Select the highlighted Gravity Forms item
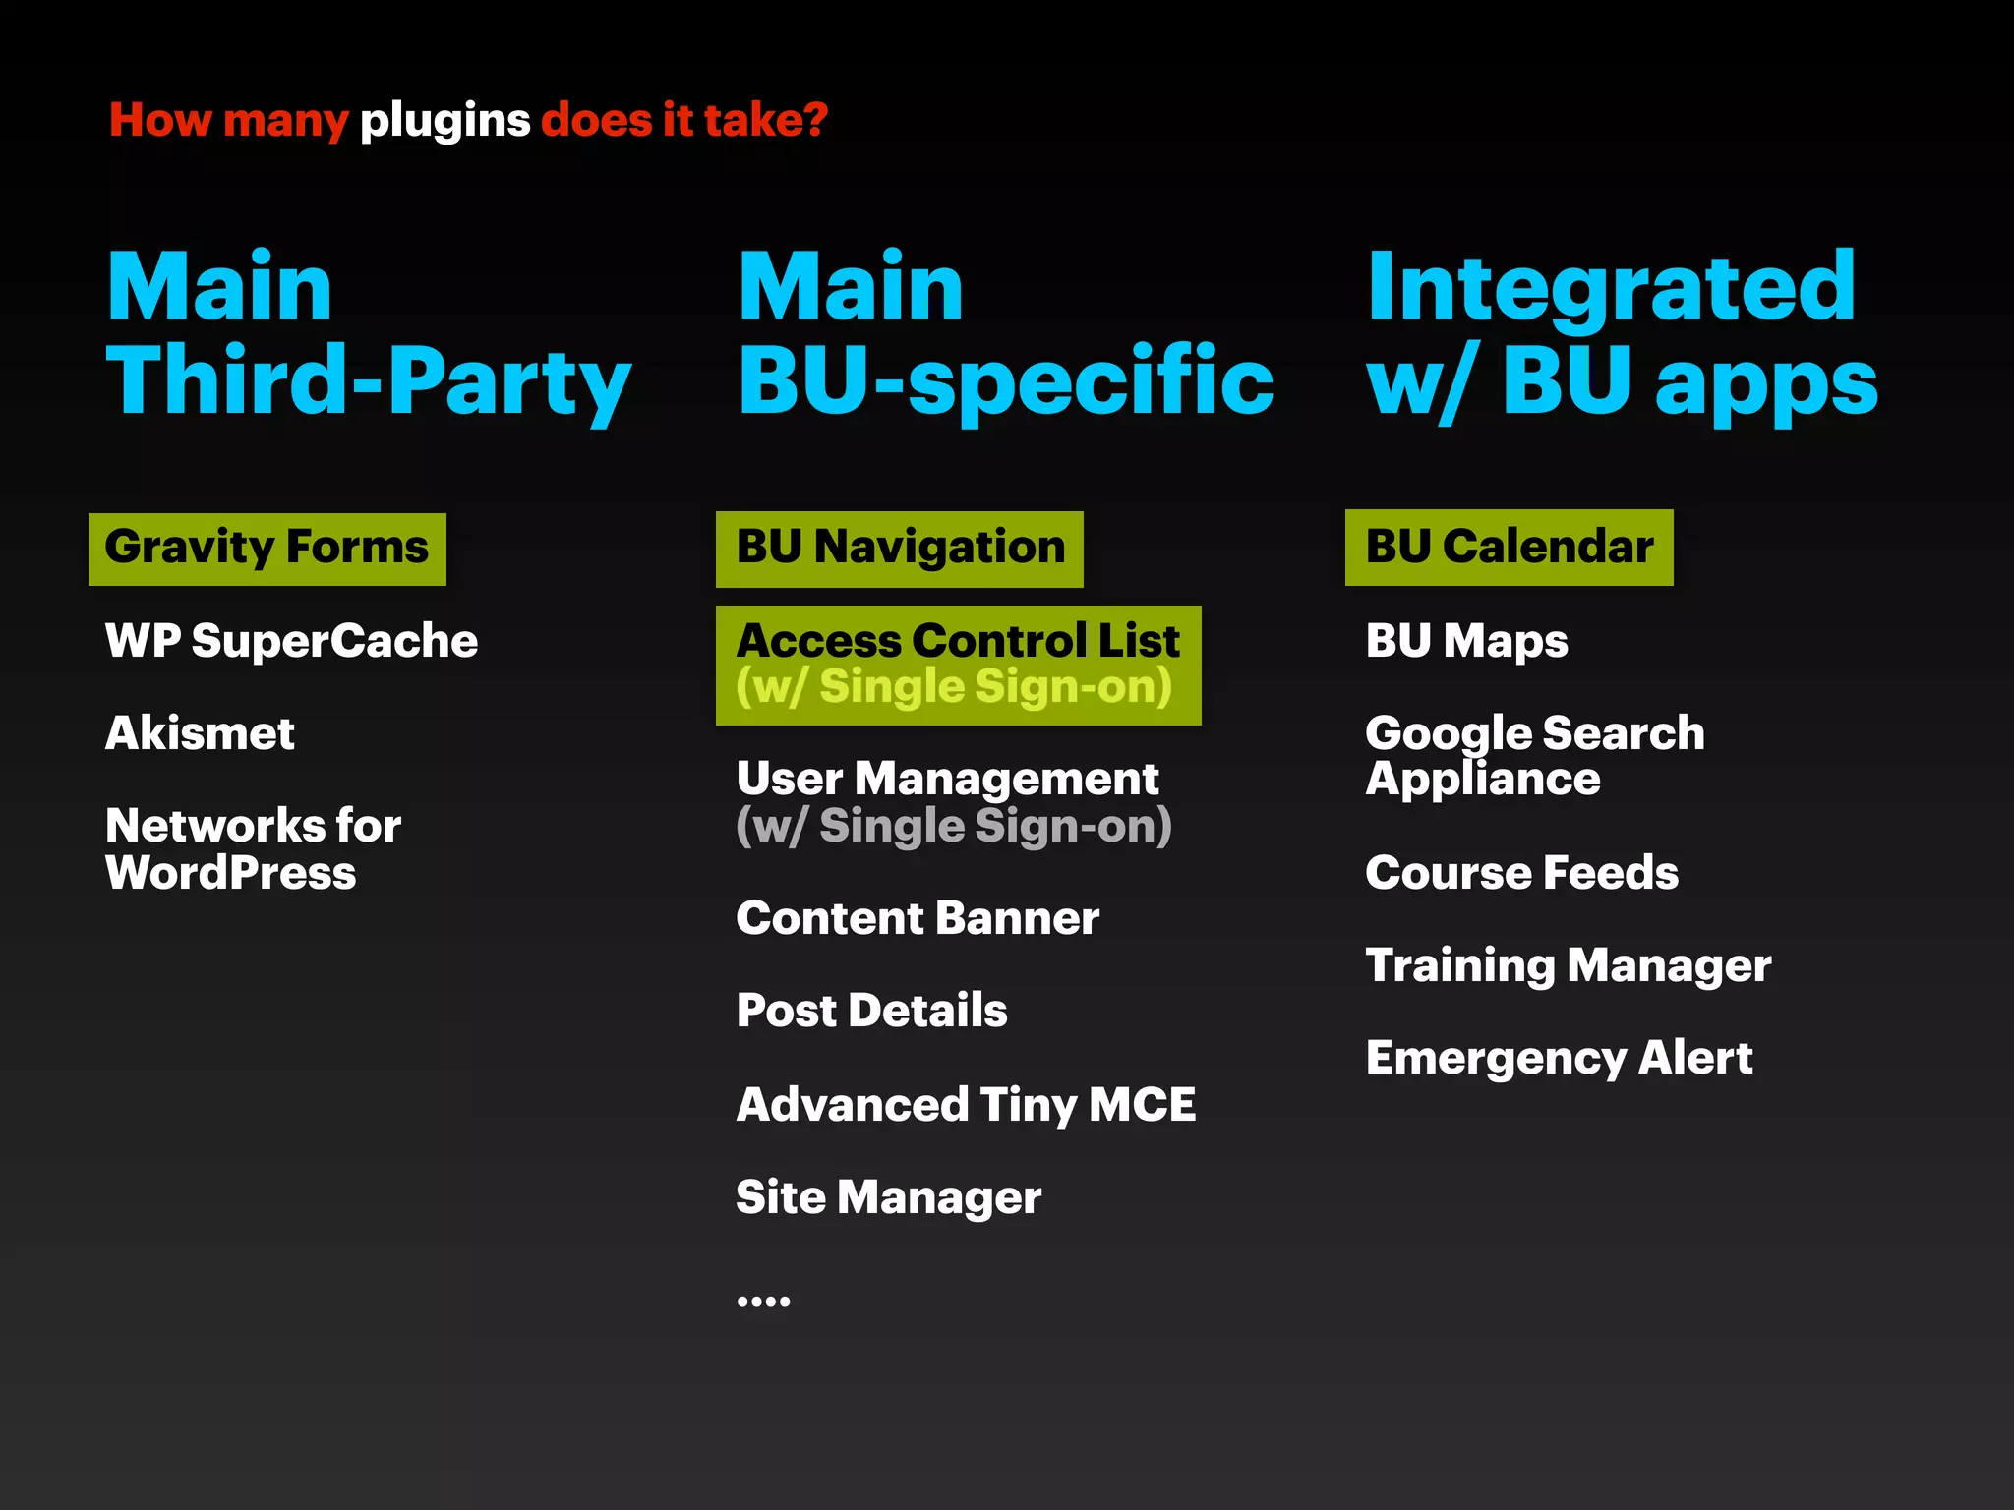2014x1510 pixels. coord(267,549)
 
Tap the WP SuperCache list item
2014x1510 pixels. coord(291,641)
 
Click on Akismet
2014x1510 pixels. coord(200,733)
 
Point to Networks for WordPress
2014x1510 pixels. coord(253,848)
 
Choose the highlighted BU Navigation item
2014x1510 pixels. coord(900,549)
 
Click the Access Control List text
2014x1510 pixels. coord(957,641)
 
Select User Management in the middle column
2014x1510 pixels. coord(947,780)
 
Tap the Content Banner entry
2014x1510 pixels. coord(917,918)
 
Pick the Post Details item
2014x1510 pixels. coord(871,1011)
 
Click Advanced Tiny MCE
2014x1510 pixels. coord(966,1104)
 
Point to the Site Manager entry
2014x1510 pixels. coord(888,1197)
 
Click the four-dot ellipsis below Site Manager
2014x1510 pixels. coord(763,1301)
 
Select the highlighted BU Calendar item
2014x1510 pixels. coord(1509,548)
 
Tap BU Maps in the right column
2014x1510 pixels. coord(1466,641)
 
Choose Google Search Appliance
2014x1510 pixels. coord(1534,755)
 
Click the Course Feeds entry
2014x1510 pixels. coord(1521,873)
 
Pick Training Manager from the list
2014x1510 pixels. coord(1568,965)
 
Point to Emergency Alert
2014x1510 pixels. coord(1559,1058)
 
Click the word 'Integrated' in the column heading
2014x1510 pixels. coord(1611,287)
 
